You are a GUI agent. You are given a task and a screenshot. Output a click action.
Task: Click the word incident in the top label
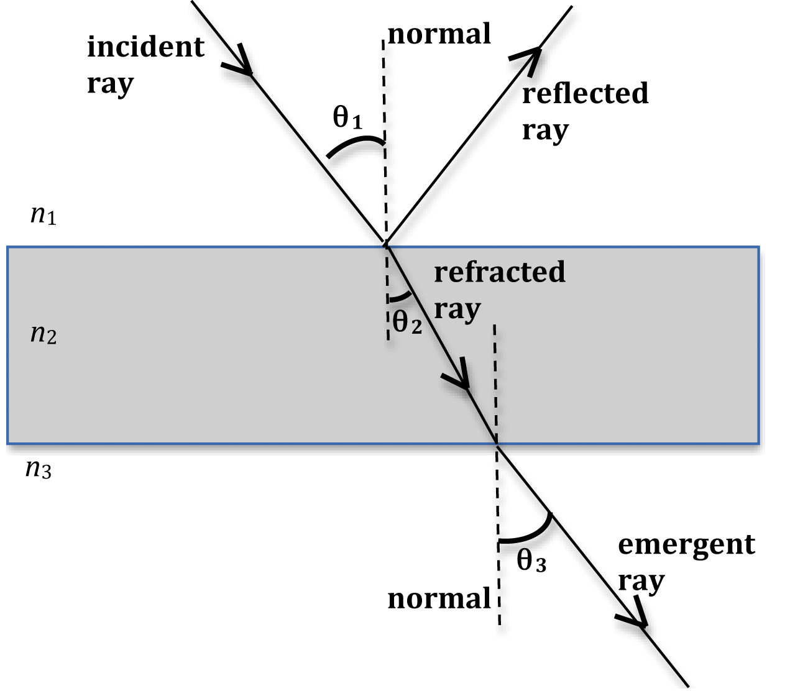point(145,47)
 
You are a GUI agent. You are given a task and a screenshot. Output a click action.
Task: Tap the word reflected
point(585,94)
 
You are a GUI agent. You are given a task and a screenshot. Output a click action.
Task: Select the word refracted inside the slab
point(500,272)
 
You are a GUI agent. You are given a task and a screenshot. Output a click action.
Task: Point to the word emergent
point(686,546)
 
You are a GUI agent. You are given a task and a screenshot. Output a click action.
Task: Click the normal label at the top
point(439,34)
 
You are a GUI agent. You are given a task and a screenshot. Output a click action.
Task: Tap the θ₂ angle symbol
point(407,322)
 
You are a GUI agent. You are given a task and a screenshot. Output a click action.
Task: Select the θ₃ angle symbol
point(531,562)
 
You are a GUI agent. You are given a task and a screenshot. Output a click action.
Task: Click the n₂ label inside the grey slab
point(44,335)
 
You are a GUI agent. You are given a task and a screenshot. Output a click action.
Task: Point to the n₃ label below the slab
point(38,469)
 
